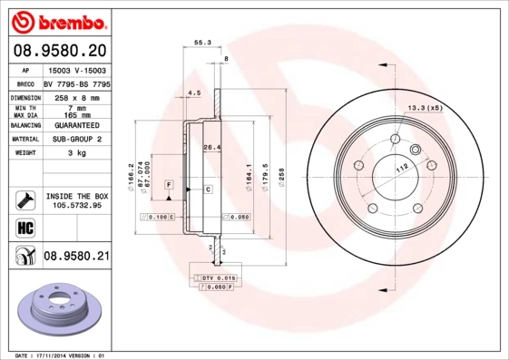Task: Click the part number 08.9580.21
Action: (75, 258)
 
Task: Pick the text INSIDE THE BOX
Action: (75, 196)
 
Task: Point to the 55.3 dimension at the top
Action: (202, 42)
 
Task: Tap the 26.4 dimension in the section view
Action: (211, 147)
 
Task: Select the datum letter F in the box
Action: (168, 185)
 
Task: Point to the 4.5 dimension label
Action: (193, 92)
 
